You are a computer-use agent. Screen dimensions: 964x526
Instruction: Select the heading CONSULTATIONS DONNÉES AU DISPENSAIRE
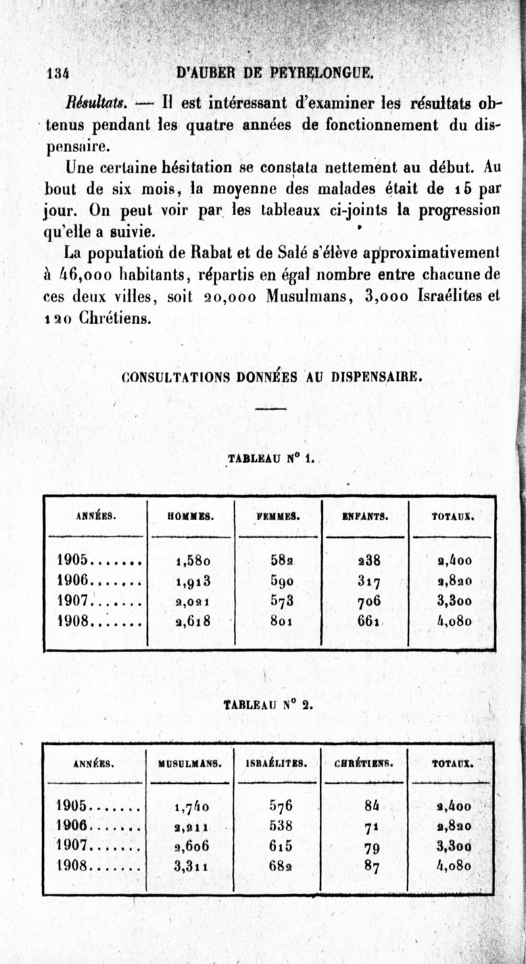[x=271, y=378]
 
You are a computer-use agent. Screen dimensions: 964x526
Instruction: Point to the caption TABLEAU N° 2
[x=269, y=705]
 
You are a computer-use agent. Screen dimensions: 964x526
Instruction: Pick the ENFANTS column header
[x=364, y=516]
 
